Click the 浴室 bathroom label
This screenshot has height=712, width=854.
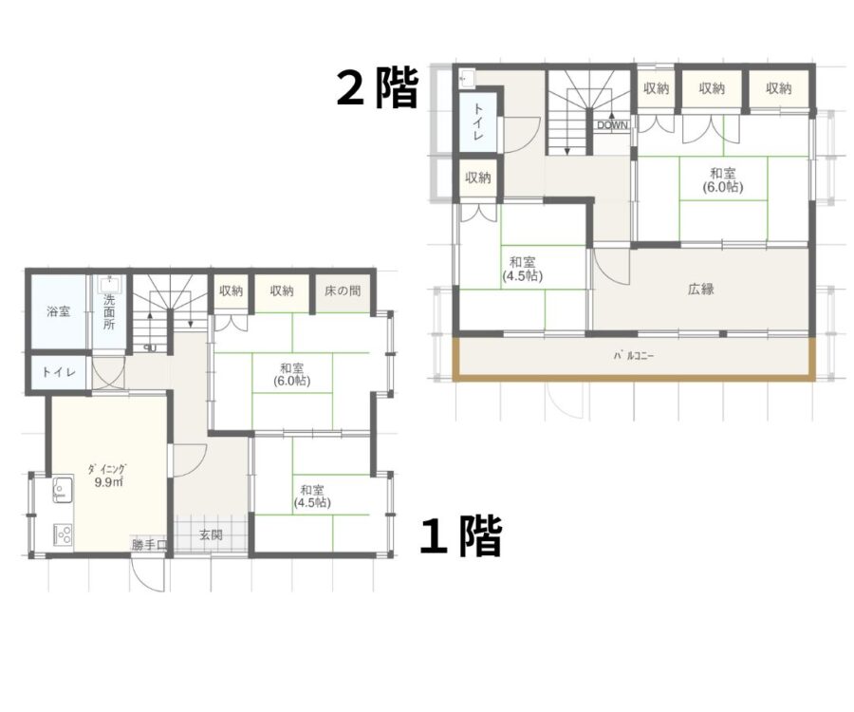(58, 312)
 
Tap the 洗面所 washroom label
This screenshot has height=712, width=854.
(109, 312)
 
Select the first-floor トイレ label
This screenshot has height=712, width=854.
(59, 373)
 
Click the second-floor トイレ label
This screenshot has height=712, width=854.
(477, 122)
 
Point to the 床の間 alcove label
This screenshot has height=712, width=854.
(343, 290)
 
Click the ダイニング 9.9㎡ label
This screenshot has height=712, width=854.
(107, 475)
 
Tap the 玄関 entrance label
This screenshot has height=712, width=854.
(211, 535)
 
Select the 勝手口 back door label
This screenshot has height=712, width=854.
(149, 544)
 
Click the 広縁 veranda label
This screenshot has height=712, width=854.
(701, 290)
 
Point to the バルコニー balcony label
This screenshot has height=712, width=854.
(634, 356)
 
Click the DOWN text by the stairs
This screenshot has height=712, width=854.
(612, 125)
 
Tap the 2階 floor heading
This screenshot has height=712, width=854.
(378, 87)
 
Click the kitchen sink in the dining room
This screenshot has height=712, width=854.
(64, 489)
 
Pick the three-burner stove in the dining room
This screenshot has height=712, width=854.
(64, 534)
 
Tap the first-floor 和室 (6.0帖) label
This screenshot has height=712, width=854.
(292, 375)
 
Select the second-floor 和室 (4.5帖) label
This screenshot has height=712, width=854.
(522, 269)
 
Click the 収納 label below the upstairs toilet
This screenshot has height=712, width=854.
(477, 178)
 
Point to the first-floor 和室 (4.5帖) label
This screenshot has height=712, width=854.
(312, 497)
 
